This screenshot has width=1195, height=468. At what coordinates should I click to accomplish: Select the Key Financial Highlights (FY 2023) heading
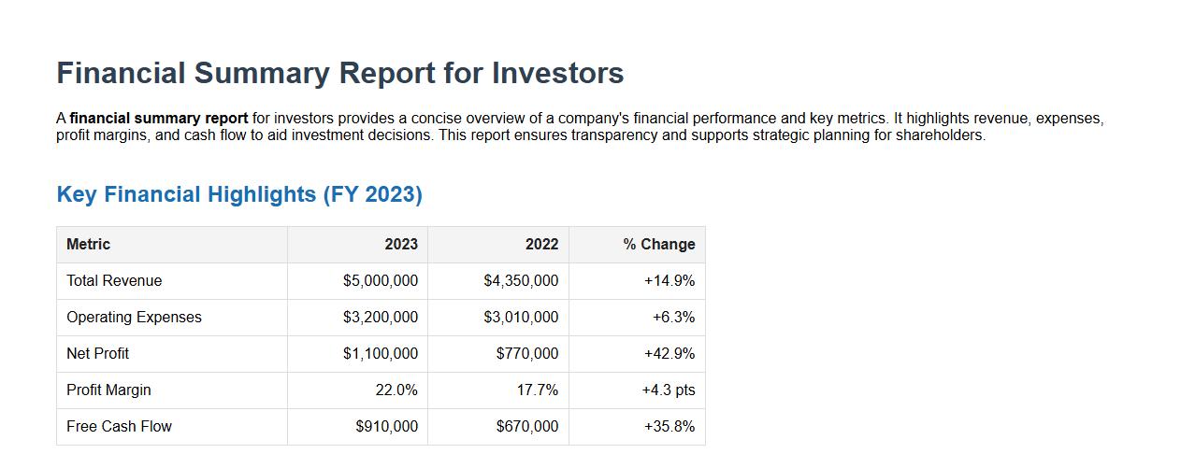[239, 194]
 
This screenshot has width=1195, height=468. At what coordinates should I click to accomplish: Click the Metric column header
[88, 244]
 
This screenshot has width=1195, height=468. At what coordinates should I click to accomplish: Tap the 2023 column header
[401, 244]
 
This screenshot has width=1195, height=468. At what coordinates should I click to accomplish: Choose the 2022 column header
[541, 244]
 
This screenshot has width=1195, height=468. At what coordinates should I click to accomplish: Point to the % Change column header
[659, 244]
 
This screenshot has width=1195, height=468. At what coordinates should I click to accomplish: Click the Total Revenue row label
[114, 280]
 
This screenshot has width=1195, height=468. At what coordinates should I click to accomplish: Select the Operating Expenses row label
[134, 317]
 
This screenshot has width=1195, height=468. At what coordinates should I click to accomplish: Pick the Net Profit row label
[98, 353]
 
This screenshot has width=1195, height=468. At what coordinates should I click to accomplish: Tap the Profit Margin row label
[108, 390]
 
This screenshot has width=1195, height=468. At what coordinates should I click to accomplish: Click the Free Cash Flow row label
[119, 426]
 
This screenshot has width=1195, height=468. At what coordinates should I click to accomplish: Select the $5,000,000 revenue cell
[381, 280]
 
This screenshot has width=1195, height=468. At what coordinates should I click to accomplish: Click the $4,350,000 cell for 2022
[521, 280]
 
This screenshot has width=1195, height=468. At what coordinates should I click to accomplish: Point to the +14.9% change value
[669, 280]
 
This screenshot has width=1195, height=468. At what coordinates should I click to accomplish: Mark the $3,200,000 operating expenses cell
[381, 317]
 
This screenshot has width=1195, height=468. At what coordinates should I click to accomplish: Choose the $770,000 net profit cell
[527, 353]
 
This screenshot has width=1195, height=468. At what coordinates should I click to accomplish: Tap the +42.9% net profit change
[669, 353]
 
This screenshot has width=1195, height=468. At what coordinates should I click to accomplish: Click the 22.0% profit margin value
[396, 390]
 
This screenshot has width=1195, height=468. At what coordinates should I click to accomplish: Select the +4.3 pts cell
[668, 390]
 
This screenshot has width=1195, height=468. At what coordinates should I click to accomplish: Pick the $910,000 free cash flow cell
[387, 426]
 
